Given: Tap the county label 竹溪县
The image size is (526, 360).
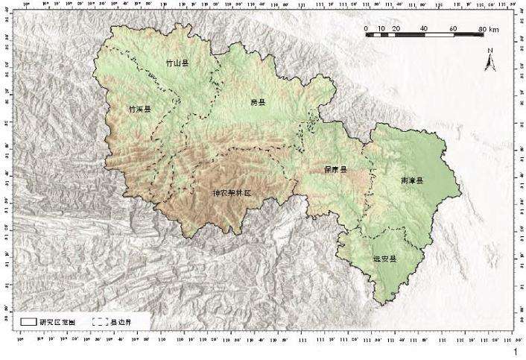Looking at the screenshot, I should click(139, 109).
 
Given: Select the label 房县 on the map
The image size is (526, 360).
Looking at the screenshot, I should click(258, 102).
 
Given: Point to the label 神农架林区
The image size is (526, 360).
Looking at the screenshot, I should click(232, 192).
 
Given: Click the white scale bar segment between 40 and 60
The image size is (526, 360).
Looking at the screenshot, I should click(438, 35).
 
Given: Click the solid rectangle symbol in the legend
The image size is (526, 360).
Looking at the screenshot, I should click(29, 321).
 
